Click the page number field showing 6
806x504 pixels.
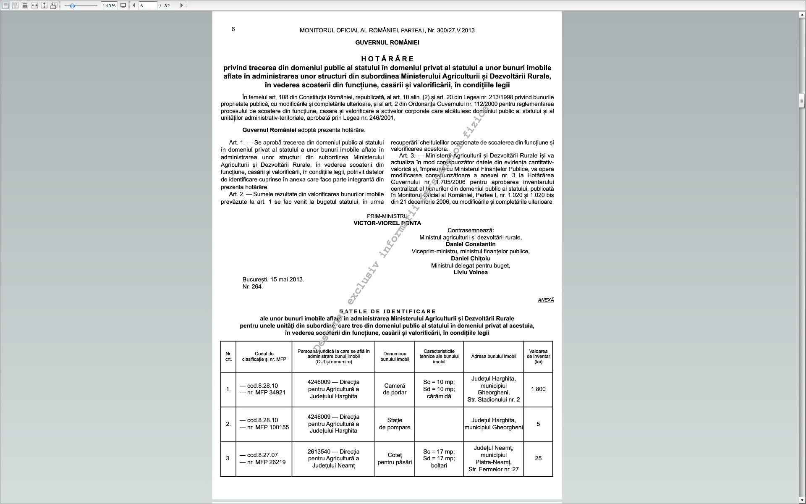(x=148, y=5)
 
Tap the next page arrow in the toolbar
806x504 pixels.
(x=181, y=5)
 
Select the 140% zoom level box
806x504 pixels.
(x=109, y=5)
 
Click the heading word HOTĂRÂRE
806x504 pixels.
(x=387, y=59)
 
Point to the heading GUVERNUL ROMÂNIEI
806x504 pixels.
(x=387, y=42)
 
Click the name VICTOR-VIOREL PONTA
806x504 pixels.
(x=387, y=223)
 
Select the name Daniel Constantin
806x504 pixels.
(x=471, y=244)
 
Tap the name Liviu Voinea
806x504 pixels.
(x=471, y=273)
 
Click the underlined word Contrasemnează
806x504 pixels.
(x=471, y=231)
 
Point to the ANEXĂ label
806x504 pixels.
(x=545, y=300)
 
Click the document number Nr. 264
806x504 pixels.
(x=252, y=287)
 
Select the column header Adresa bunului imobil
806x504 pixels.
(x=493, y=357)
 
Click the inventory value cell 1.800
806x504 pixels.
(x=538, y=389)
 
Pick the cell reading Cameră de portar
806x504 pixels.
(x=395, y=389)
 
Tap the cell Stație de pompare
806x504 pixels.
(x=395, y=424)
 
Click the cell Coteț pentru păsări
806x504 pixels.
(x=395, y=459)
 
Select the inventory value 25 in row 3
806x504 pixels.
(x=538, y=459)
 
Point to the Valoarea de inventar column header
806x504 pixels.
(x=538, y=357)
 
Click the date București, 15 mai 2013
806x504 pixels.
(x=273, y=280)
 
